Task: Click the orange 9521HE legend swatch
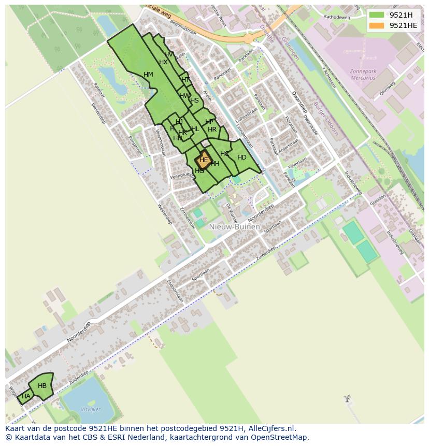point(377,25)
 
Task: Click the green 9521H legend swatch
point(377,15)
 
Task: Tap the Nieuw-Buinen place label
point(235,226)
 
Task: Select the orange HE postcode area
point(203,160)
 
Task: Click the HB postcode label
point(42,386)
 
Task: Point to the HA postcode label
point(26,396)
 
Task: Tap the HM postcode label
point(148,75)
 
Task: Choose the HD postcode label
point(241,157)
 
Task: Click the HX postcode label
point(163,62)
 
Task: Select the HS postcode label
point(194,100)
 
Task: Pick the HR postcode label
point(212,130)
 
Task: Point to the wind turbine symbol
point(347,399)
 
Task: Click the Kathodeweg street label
point(337,17)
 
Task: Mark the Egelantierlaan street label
point(175,291)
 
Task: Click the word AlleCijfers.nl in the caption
point(271,428)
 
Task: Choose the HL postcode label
point(195,130)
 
